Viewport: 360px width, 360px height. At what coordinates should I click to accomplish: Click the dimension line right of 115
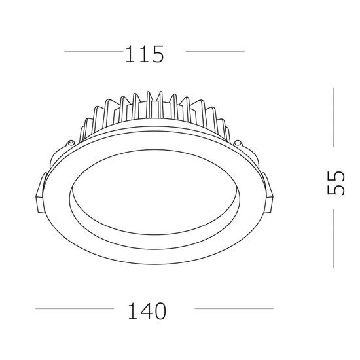(215, 50)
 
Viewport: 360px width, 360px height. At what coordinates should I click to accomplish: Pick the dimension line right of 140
(234, 308)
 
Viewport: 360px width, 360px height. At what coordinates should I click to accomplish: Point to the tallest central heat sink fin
(154, 105)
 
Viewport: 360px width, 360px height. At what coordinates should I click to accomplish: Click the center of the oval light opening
(154, 190)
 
